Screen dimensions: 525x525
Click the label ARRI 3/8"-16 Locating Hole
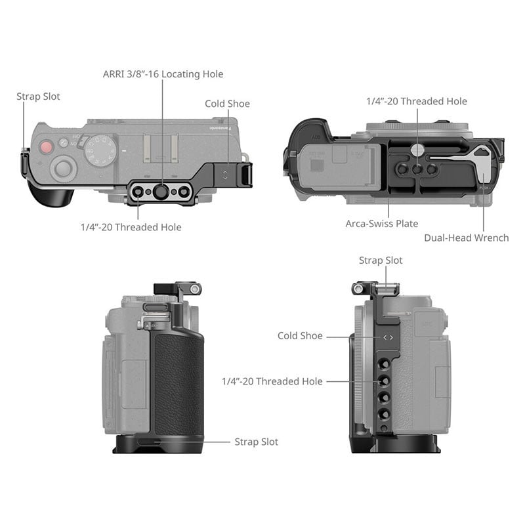point(163,74)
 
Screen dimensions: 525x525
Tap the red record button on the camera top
point(46,147)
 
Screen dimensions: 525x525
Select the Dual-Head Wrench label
point(467,238)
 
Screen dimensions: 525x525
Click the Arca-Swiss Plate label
point(382,223)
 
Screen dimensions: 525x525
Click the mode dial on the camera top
point(100,151)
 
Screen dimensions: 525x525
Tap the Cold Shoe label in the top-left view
point(227,104)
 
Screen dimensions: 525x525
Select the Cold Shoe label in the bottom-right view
point(300,335)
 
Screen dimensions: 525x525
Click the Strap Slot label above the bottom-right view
point(381,260)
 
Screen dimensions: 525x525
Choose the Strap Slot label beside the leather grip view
point(257,442)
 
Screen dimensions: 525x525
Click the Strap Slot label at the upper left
point(38,96)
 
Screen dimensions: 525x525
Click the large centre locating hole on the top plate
point(161,192)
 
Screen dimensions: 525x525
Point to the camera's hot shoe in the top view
point(160,149)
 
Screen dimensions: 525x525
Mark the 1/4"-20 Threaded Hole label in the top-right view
point(417,101)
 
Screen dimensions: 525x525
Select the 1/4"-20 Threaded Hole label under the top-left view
point(131,227)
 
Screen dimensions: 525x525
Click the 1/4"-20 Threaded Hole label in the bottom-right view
point(272,381)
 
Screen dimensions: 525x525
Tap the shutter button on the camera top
point(63,167)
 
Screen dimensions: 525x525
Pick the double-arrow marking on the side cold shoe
point(388,337)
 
